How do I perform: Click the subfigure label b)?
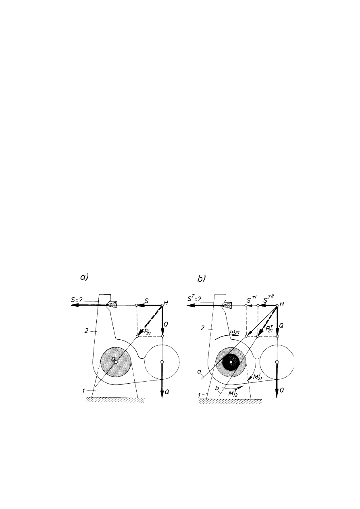[201, 278]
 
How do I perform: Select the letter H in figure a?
[166, 303]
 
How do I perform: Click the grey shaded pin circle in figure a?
[116, 362]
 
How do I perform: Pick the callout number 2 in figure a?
[86, 331]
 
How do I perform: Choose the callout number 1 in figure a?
[83, 391]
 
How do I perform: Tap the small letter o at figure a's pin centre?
[113, 359]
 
